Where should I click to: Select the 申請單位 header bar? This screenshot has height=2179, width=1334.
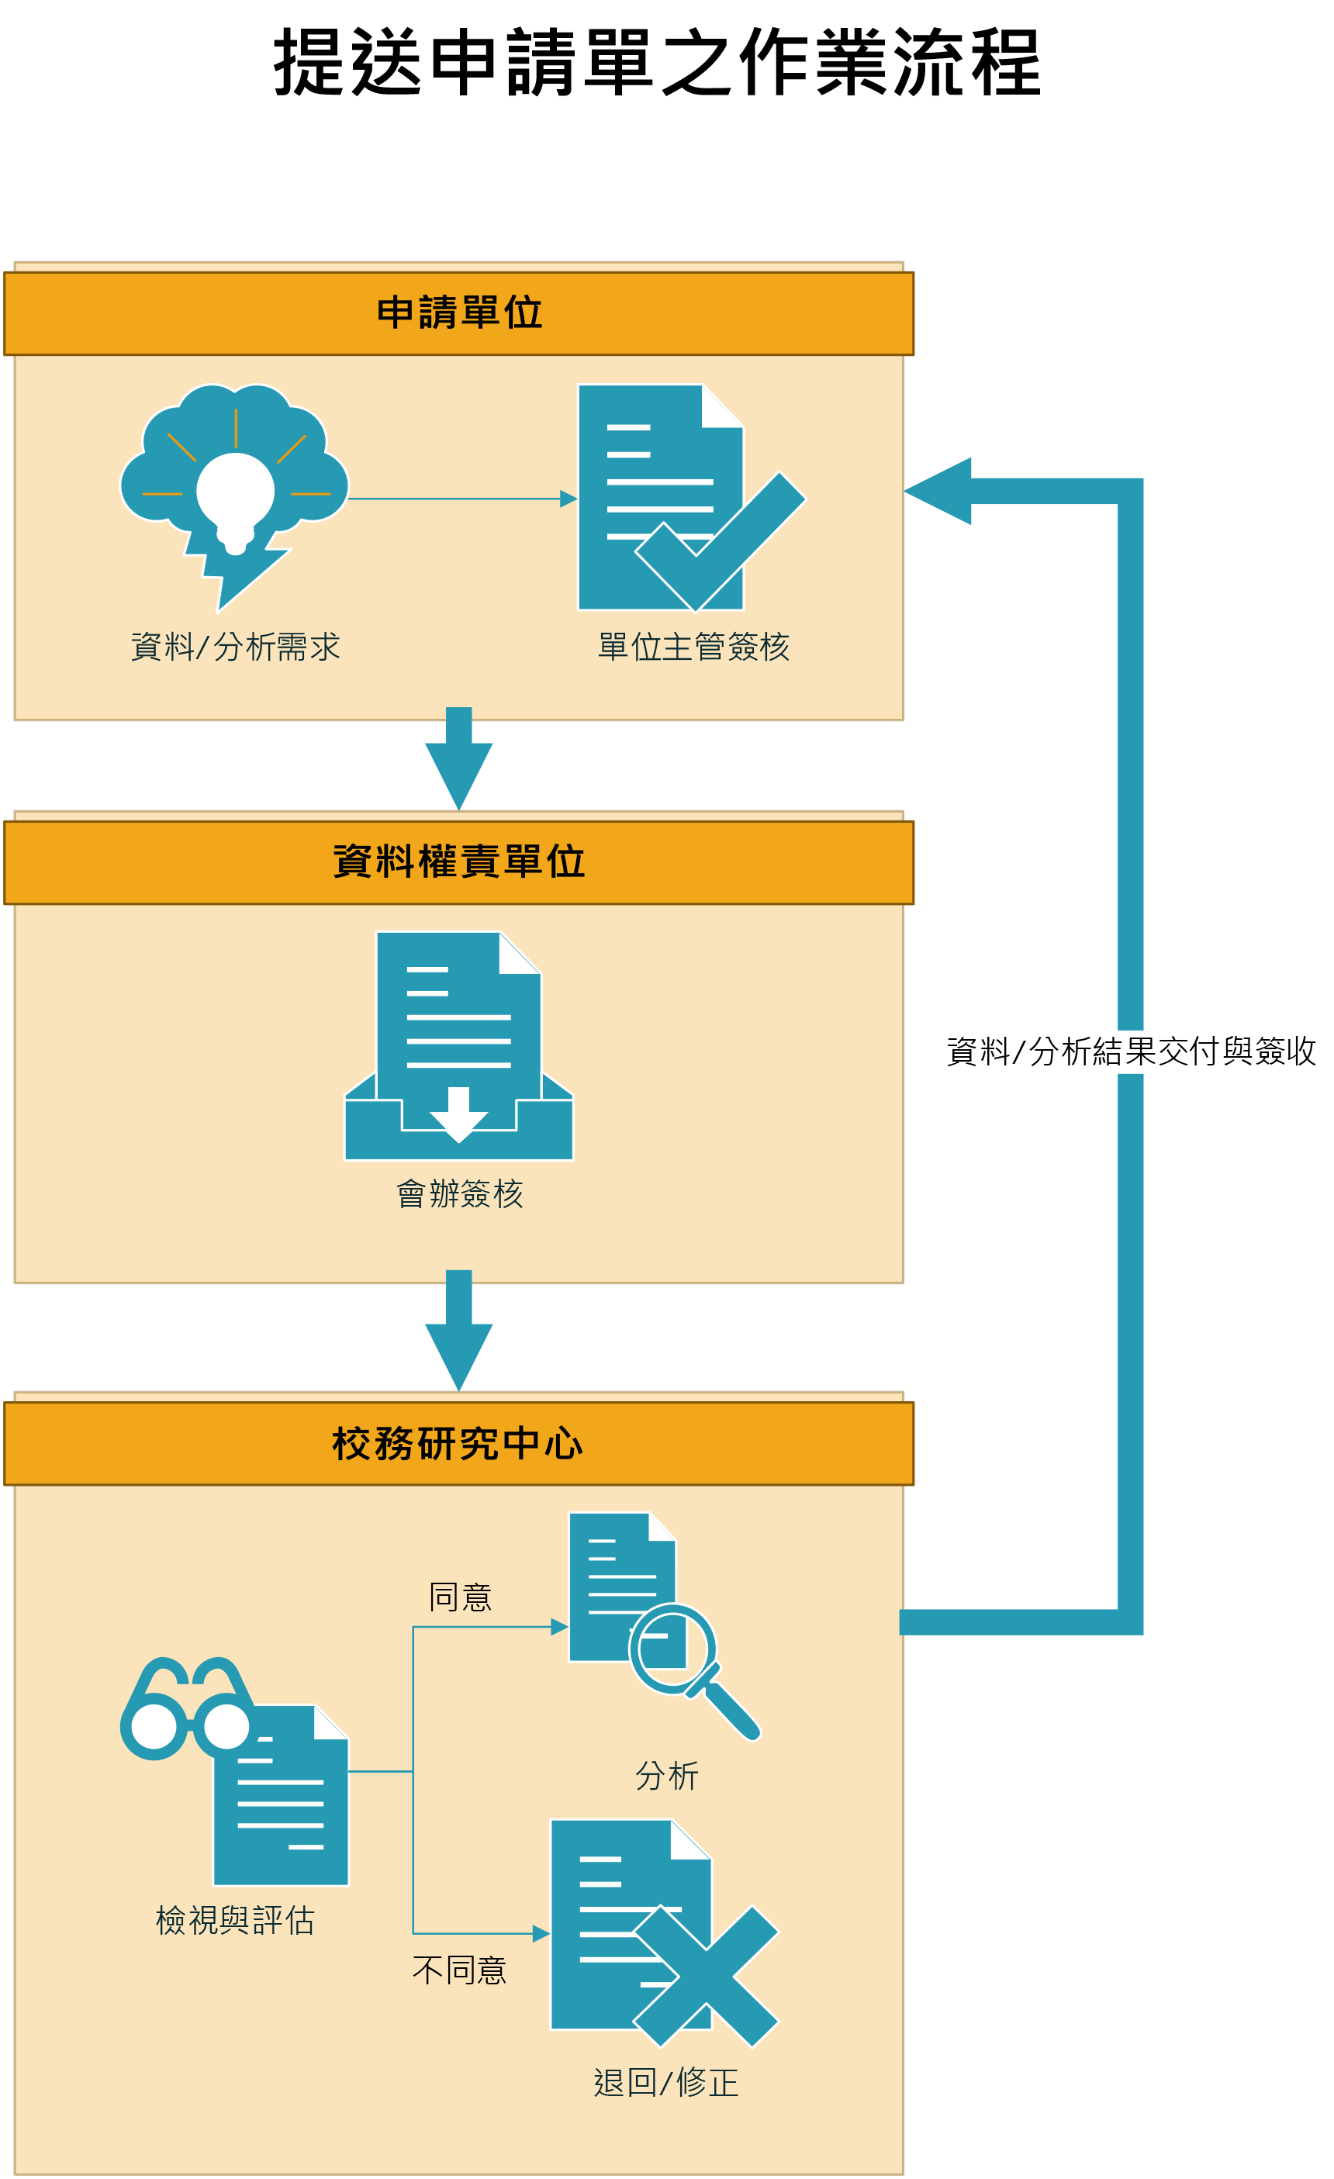[458, 313]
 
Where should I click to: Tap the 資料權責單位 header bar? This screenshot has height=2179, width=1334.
[458, 862]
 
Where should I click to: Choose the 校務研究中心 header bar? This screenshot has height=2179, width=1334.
[458, 1443]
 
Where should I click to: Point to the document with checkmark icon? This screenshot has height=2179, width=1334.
[681, 498]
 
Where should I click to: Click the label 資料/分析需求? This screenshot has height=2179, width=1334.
[235, 647]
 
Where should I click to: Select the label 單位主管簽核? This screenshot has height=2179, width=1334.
[693, 647]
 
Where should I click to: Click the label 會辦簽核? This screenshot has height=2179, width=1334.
[459, 1194]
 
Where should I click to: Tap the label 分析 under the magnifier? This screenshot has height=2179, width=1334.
[667, 1776]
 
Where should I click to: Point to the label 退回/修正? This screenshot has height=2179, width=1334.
[665, 2083]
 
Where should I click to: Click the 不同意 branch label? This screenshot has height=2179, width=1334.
[459, 1970]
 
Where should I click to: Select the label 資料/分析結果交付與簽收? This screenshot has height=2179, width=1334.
[1131, 1052]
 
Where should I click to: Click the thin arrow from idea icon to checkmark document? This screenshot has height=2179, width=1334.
[460, 499]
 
